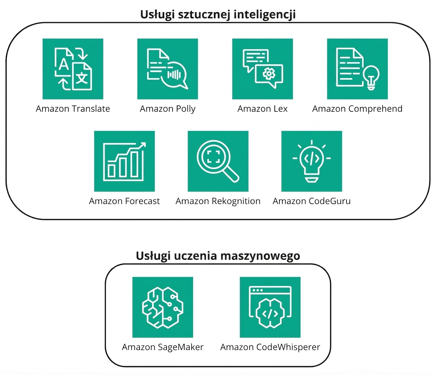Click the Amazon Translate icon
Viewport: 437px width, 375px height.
point(73,69)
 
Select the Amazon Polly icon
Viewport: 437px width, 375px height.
point(167,69)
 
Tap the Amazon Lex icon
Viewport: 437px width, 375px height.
point(263,69)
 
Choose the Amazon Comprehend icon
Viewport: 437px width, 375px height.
point(357,69)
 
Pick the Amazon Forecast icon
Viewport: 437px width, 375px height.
point(124,161)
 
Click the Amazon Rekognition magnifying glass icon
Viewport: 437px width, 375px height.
point(218,161)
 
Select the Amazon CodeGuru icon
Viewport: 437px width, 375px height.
point(312,161)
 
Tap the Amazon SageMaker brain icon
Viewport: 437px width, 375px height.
point(163,307)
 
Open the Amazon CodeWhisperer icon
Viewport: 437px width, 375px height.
point(270,307)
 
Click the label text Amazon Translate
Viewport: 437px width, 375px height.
point(73,109)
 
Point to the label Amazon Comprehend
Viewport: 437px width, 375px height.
point(357,109)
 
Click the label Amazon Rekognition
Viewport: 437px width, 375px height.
point(218,201)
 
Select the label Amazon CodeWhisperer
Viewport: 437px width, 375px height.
point(270,347)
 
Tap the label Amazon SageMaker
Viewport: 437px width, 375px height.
point(163,347)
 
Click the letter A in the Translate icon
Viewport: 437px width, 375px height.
point(64,64)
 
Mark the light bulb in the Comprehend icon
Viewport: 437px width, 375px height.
point(371,78)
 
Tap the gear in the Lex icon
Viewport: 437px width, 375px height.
point(269,73)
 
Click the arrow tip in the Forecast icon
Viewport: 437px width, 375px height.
point(145,143)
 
